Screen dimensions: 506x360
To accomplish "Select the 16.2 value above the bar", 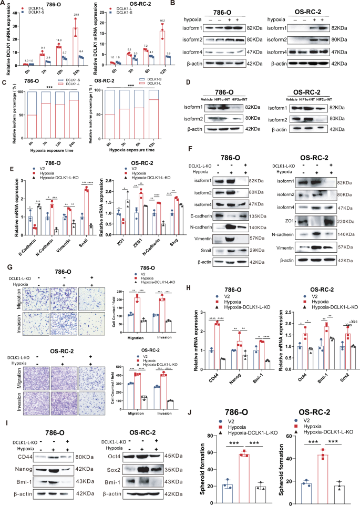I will point(162,22).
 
